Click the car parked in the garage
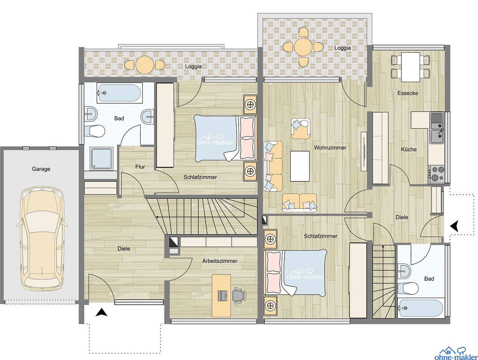pos(41,239)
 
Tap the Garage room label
pos(41,169)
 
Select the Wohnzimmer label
pos(330,148)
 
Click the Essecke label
pos(407,93)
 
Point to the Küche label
pos(409,149)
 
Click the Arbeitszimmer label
pos(220,261)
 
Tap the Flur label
pos(140,167)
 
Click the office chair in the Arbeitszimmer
pos(238,295)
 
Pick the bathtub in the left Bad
pos(120,93)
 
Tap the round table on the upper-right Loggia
pos(303,47)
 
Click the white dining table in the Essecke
pos(410,67)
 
